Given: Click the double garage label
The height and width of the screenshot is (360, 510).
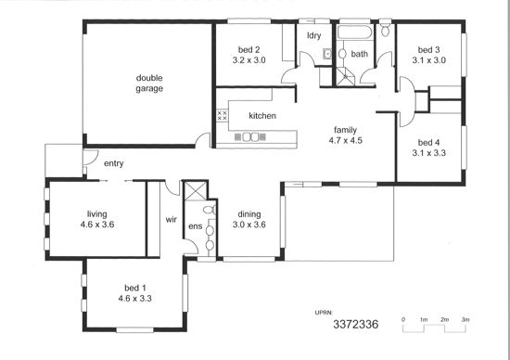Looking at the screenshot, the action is pos(149,84).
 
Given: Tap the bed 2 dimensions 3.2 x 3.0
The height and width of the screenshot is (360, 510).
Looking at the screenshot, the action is pos(249,60).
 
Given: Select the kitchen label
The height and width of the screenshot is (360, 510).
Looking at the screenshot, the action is pos(262,116).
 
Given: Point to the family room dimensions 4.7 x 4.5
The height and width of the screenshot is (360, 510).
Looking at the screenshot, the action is pos(346,141).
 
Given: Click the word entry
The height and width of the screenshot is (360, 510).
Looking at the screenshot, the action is pos(113,163).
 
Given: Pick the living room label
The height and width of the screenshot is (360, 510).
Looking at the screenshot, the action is pos(97,214).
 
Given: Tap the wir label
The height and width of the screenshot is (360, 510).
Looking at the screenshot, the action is pos(172,219).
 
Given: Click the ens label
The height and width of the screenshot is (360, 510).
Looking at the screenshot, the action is pos(195,226).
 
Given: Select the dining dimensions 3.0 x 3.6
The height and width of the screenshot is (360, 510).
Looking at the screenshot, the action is pos(249,225).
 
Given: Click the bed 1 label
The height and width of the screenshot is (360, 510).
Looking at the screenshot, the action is pos(135,288).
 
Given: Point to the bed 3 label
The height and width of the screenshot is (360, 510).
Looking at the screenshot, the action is pos(428,50).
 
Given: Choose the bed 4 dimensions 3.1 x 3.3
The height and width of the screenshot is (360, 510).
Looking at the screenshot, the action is pos(428,153).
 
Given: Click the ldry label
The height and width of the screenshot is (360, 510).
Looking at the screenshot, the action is pos(313,35).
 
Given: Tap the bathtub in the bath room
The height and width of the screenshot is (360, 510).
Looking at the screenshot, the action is pos(355,32).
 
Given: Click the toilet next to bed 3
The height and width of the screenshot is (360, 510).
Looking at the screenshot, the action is pos(386,29).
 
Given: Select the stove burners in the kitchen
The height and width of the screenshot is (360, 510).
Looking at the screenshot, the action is pos(222,115).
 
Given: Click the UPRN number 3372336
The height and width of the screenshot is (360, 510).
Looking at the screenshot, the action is pos(356,324).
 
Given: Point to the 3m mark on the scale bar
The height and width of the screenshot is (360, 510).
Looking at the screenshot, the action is pos(465,319).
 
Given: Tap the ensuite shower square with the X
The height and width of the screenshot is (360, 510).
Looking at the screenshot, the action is pos(195,191).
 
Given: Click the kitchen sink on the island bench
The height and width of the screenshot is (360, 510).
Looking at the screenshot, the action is pos(250,137).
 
